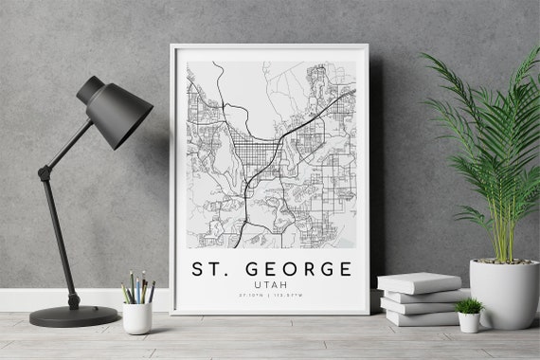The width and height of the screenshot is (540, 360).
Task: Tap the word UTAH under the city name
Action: [x=272, y=283]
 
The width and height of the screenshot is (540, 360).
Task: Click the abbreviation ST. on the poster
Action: [x=211, y=269]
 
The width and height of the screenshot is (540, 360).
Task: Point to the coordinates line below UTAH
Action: [x=272, y=295]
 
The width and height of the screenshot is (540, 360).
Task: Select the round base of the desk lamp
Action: [x=74, y=315]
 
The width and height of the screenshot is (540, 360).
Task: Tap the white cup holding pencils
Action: [x=137, y=317]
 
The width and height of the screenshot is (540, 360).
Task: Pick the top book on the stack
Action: [x=419, y=282]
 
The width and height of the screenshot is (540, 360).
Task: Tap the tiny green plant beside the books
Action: [x=468, y=305]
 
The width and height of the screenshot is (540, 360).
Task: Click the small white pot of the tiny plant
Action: [x=468, y=322]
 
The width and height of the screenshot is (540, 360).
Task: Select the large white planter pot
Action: [x=503, y=294]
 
